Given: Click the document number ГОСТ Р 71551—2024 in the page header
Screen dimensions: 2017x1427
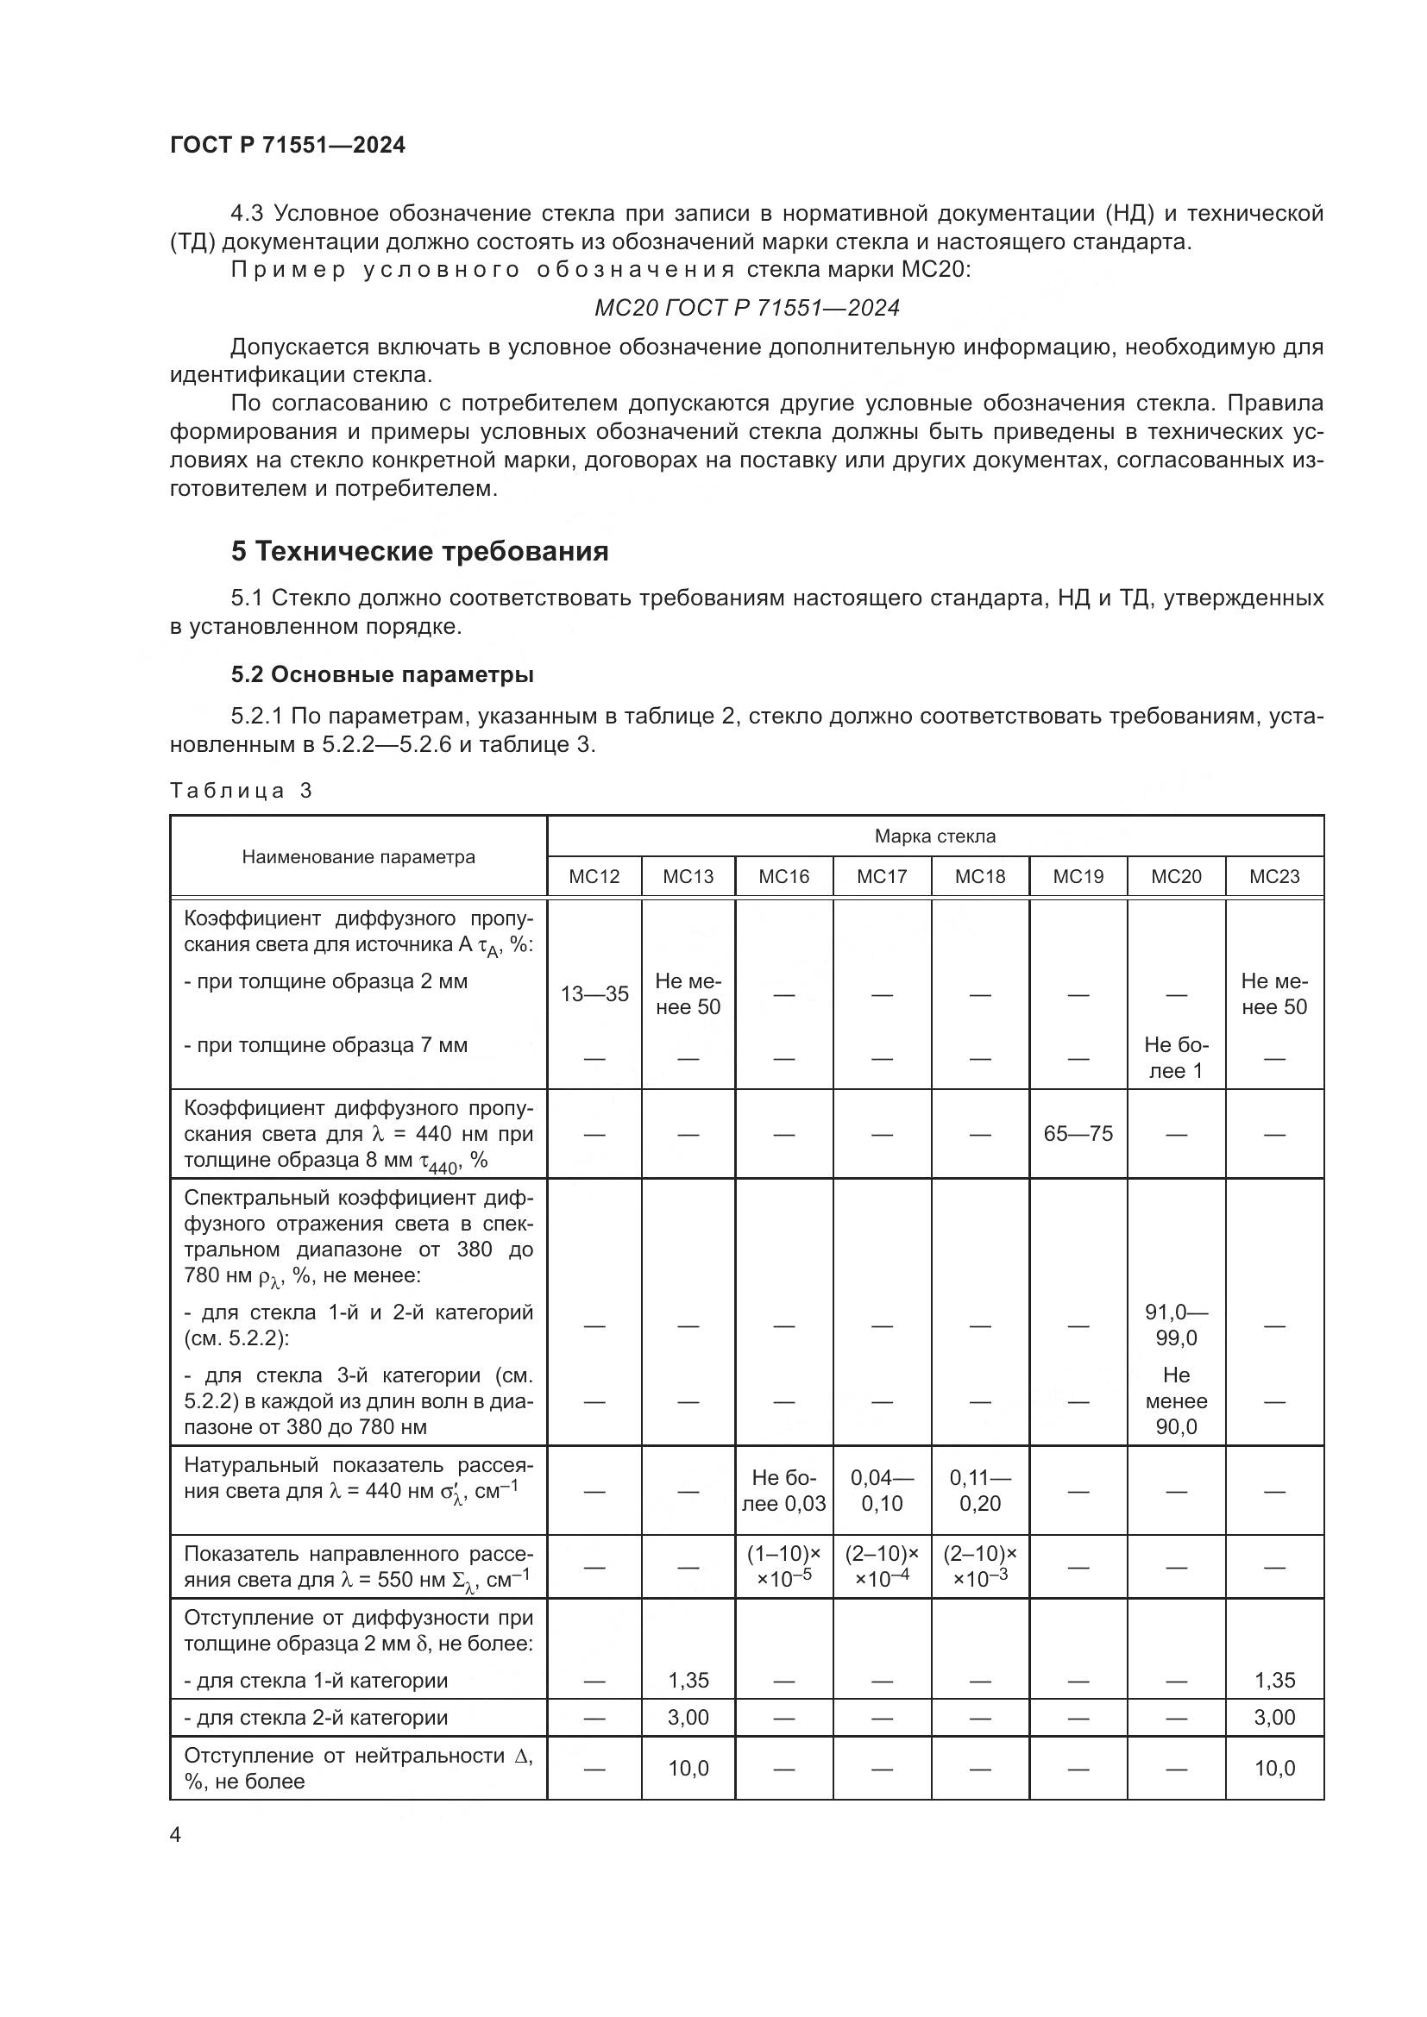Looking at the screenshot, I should point(287,146).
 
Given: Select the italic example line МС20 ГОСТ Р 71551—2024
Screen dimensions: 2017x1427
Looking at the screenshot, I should point(747,309).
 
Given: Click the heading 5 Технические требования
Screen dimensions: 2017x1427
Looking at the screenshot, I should point(420,552).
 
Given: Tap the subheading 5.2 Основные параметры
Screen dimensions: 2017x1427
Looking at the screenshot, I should point(382,674).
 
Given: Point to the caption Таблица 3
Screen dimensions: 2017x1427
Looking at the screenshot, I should point(241,791).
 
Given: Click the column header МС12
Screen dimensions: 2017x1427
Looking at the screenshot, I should point(594,877).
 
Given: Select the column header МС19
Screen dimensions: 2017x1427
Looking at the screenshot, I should point(1078,877).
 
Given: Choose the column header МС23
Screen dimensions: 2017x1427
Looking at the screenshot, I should point(1274,877).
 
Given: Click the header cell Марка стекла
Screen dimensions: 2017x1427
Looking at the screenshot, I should point(935,836).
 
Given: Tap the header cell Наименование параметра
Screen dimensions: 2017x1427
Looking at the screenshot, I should point(359,857).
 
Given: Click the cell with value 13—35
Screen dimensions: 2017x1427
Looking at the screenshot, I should point(594,994).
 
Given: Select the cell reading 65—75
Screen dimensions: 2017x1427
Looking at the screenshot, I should point(1078,1134).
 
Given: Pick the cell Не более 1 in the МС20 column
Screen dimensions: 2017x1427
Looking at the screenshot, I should point(1176,1058).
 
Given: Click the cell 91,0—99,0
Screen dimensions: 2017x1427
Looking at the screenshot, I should point(1176,1325).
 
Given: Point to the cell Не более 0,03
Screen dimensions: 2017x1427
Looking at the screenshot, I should point(783,1491).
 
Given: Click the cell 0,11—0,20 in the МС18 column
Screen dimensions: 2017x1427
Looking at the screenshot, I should point(980,1491).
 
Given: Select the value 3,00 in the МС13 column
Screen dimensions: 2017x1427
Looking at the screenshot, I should point(688,1718).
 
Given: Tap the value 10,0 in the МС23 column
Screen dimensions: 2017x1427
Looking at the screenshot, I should point(1274,1769).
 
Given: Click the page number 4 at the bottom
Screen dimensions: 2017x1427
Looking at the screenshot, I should point(176,1835).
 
